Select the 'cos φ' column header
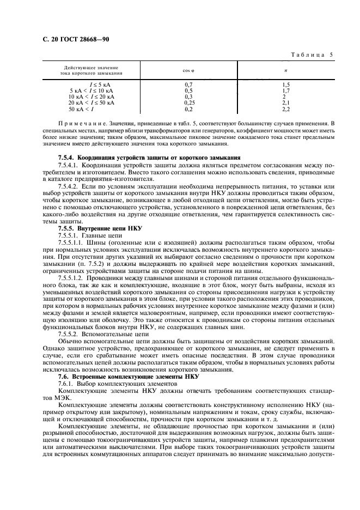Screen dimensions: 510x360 pos(189,71)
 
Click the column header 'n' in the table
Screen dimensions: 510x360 pos(286,71)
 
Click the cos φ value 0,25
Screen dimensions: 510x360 pos(189,102)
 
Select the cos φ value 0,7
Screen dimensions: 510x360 pos(189,84)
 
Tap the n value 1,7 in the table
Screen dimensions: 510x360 pos(286,90)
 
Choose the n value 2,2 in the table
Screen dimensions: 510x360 pos(286,108)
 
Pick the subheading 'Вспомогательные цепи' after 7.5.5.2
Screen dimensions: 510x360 pos(117,335)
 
